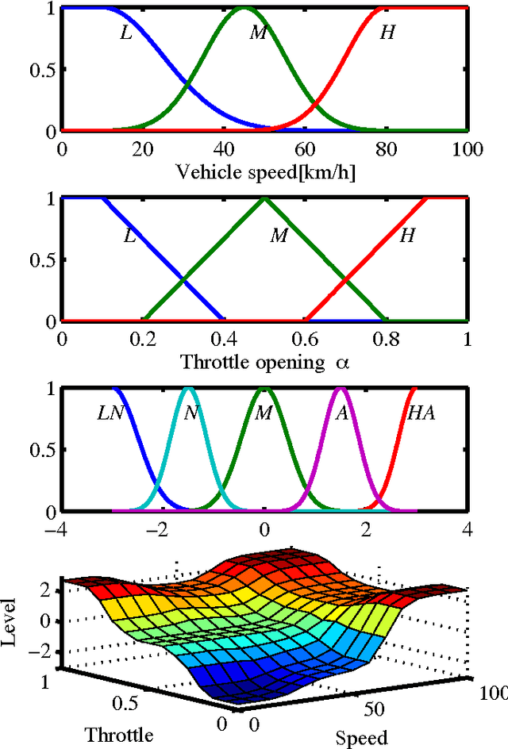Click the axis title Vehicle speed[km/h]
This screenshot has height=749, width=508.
[265, 172]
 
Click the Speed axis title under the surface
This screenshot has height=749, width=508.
[361, 737]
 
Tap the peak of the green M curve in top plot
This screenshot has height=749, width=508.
[244, 8]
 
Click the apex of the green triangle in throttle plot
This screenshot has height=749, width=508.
[264, 198]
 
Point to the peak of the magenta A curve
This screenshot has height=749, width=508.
[341, 389]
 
